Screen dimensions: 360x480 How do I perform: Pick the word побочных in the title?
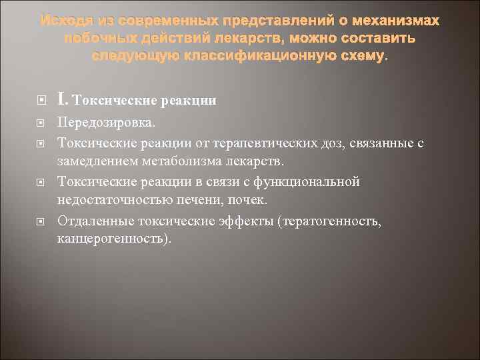[95, 39]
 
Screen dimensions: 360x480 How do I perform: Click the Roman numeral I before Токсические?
[62, 100]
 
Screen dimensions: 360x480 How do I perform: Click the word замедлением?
[97, 162]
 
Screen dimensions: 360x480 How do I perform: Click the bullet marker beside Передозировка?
[42, 124]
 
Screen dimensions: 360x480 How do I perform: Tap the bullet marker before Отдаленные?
[42, 220]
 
